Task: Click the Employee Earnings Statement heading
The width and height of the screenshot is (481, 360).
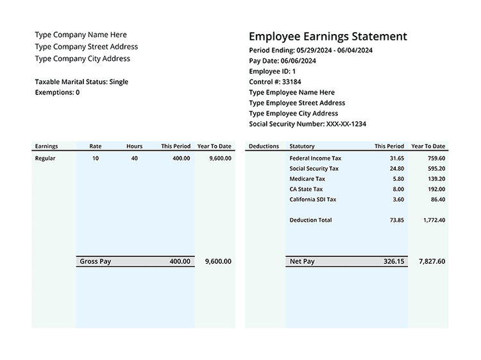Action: click(328, 37)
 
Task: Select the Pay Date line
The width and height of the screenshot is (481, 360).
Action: click(282, 61)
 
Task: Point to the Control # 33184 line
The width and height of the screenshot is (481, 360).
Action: click(275, 82)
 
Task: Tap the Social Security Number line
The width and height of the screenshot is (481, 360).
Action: click(307, 124)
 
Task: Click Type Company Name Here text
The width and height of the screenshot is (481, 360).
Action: click(81, 35)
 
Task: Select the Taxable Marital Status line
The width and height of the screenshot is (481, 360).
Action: click(81, 82)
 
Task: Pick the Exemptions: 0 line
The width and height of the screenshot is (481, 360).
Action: click(57, 92)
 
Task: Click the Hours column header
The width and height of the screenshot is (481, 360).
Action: click(134, 146)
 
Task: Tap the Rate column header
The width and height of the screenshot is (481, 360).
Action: click(96, 146)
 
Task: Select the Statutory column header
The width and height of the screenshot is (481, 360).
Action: click(302, 146)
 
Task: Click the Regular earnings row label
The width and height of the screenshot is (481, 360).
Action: click(45, 159)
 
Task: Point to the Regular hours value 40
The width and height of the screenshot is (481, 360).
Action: click(134, 159)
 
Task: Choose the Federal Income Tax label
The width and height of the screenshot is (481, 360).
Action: click(316, 159)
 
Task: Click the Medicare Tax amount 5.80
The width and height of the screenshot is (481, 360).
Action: click(398, 179)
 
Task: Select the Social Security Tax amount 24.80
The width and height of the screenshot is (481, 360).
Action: click(397, 169)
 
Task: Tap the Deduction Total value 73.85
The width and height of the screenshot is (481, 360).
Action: click(397, 220)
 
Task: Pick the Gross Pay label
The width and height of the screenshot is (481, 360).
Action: click(96, 262)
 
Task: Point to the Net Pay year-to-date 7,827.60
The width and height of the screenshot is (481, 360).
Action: click(432, 262)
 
